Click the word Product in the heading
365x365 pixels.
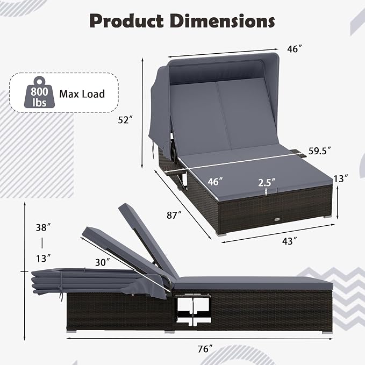click(x=126, y=22)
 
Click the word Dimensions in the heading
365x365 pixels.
click(x=222, y=21)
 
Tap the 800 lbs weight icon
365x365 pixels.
click(x=39, y=92)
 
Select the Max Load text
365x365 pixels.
click(x=82, y=94)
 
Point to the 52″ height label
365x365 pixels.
click(x=125, y=120)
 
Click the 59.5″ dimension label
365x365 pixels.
click(x=320, y=151)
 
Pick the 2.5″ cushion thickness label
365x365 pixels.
click(x=267, y=183)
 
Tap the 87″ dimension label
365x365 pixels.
click(x=174, y=216)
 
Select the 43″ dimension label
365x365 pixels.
click(x=290, y=241)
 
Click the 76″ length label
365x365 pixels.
click(x=205, y=349)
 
